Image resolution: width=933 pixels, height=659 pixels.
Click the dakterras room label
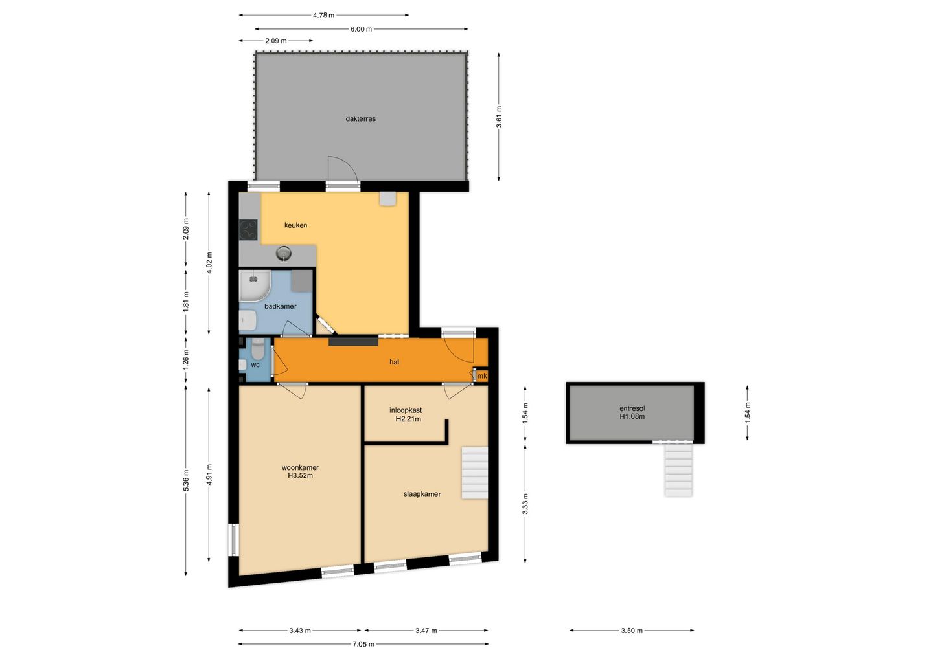[x=360, y=118]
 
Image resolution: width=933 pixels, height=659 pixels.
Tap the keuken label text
[x=295, y=225]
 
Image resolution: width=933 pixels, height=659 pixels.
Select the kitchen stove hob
[x=248, y=230]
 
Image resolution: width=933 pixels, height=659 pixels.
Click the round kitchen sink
[x=284, y=252]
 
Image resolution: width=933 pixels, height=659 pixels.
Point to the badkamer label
[x=281, y=306]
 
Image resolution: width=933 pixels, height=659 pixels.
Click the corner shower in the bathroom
[x=255, y=286]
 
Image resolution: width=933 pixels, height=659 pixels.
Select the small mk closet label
[x=482, y=376]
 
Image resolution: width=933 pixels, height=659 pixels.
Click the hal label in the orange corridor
[x=394, y=362]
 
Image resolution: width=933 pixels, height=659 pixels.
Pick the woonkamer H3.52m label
[x=300, y=471]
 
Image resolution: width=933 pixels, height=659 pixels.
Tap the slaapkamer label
[x=422, y=494]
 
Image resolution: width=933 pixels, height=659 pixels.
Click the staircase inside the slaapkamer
[x=474, y=473]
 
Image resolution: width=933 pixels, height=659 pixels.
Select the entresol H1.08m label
[x=632, y=412]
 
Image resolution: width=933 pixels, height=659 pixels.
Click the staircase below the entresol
[x=678, y=469]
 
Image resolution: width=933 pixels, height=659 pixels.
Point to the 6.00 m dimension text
[x=361, y=29]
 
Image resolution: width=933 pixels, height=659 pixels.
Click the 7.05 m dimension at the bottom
[x=363, y=645]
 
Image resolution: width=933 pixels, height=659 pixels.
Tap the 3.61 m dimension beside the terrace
[x=499, y=117]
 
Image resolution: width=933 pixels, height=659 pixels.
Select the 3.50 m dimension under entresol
[x=632, y=631]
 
